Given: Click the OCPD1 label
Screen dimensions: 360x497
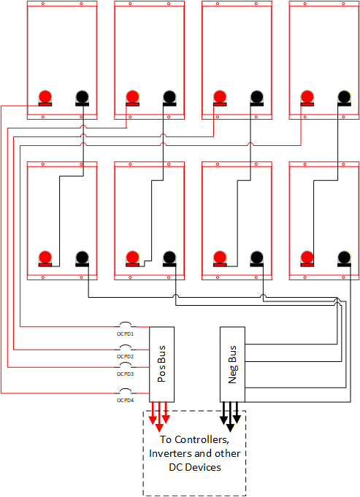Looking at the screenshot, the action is (125, 334).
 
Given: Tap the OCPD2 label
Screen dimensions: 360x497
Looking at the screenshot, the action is (125, 357).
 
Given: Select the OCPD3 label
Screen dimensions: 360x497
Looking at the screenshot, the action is (125, 374).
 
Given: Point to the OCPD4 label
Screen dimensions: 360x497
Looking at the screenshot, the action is (125, 401).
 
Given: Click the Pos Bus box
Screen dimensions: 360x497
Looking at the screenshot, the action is (162, 364).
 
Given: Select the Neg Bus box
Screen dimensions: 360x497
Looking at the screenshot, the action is (232, 364).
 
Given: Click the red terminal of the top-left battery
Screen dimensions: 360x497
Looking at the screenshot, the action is (45, 98).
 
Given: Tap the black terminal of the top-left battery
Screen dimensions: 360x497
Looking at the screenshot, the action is (82, 98).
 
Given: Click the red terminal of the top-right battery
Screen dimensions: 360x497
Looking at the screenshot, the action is (307, 98).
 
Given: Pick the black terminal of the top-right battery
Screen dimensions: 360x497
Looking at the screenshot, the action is (344, 98).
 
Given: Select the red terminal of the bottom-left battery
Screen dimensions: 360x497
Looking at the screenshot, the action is (45, 258).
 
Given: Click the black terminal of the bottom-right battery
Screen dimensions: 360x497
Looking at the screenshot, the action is (344, 258).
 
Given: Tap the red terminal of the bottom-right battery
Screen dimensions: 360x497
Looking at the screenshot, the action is (307, 258).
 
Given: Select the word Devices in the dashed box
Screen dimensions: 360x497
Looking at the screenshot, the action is (203, 467).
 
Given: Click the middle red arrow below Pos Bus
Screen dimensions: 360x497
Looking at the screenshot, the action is (159, 417).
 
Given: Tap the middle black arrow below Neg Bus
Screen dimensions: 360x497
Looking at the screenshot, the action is (230, 417).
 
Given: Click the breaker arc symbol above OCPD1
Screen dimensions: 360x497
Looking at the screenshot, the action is (126, 323).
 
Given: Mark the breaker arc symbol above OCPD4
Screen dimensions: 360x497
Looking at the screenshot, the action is (126, 390).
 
